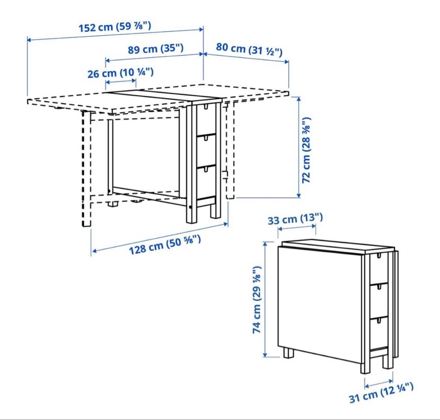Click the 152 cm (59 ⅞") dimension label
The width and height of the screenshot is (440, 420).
click(x=115, y=27)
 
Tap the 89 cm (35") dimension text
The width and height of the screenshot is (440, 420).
click(x=156, y=49)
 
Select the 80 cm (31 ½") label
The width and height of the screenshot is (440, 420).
click(x=249, y=50)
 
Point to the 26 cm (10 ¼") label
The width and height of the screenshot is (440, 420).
click(x=121, y=73)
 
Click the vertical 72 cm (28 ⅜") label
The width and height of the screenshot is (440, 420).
click(x=306, y=150)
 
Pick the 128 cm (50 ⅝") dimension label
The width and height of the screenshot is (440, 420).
click(x=165, y=245)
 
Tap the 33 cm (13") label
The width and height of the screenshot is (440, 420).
click(x=295, y=219)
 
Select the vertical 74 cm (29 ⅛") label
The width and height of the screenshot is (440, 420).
click(x=257, y=300)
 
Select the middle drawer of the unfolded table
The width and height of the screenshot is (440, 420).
click(x=206, y=150)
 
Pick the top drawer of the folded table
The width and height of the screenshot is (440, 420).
click(x=379, y=268)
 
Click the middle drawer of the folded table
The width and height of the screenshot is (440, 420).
click(x=379, y=300)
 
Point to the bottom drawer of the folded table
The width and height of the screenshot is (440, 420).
click(x=379, y=332)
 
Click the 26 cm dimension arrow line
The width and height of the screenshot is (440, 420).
click(x=121, y=82)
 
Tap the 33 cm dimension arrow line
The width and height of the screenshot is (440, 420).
click(x=297, y=227)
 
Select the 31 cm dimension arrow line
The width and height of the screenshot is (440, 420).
click(x=378, y=383)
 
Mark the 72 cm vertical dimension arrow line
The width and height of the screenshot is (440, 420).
click(x=299, y=147)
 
